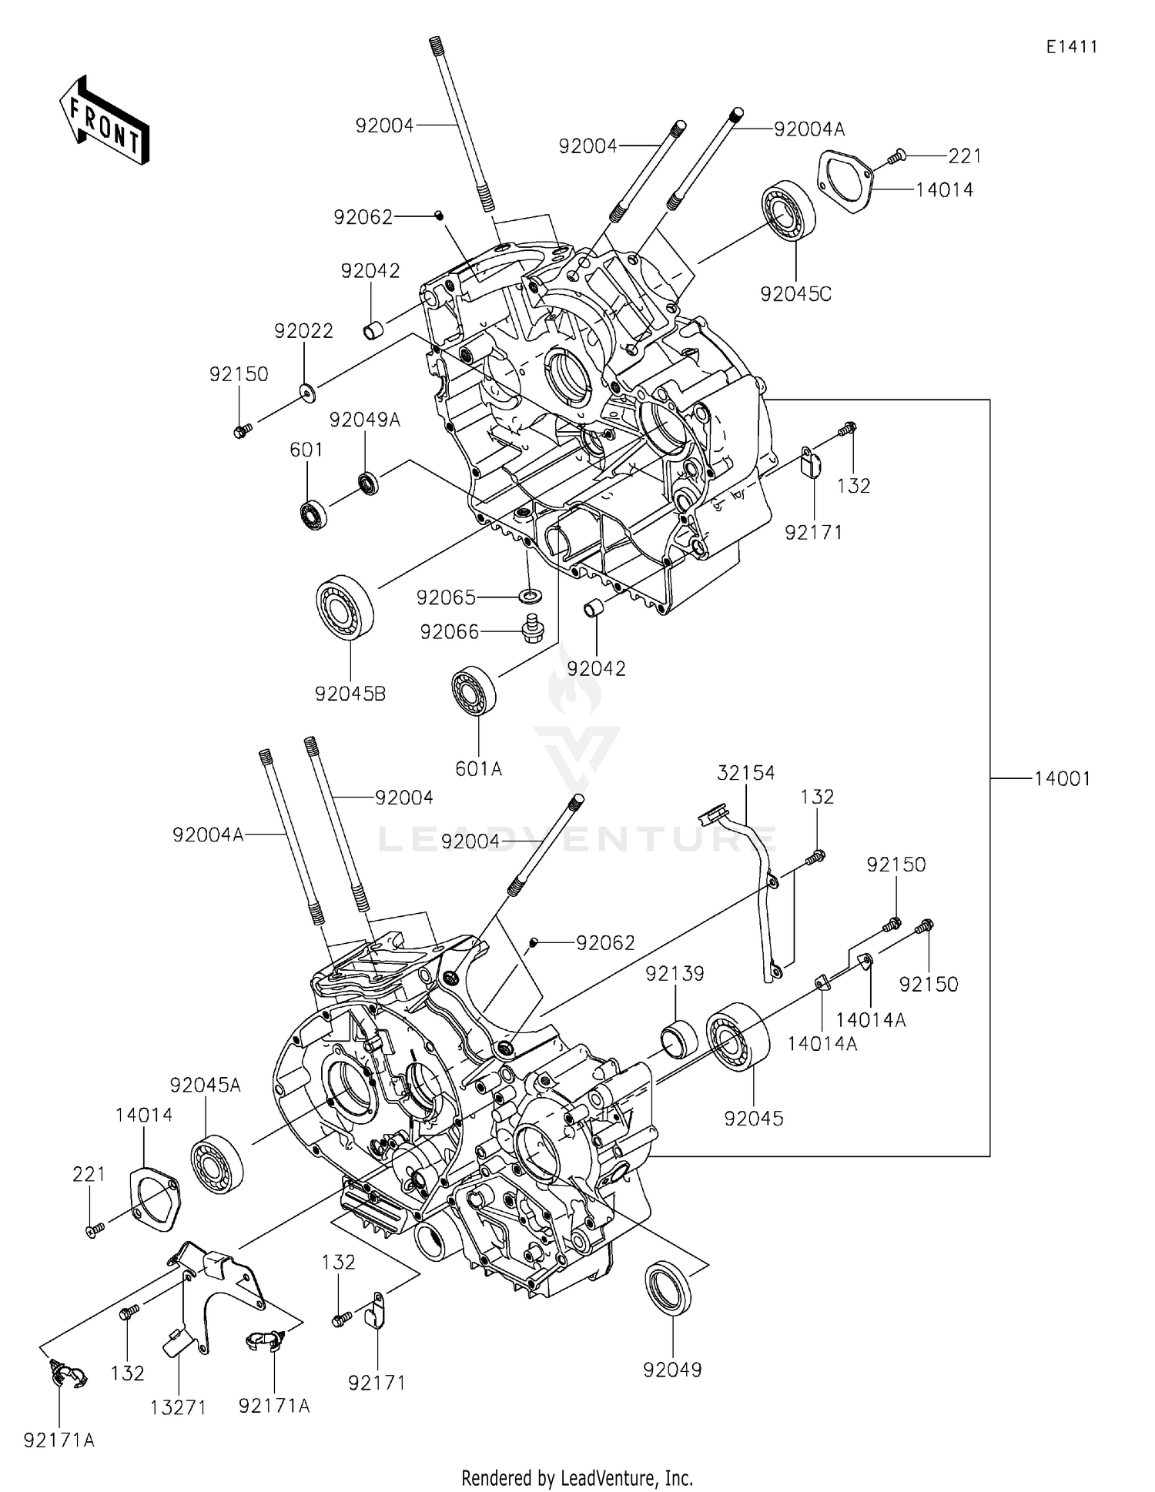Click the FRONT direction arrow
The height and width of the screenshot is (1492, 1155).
coord(104,122)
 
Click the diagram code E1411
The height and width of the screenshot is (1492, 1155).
coord(1071,47)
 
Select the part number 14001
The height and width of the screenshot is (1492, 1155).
coord(1062,779)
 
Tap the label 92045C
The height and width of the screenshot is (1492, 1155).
coord(795,294)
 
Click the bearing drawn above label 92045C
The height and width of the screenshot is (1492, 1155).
coord(788,211)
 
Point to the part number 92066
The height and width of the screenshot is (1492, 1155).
coord(449,632)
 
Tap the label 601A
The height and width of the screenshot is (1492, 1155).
coord(478,768)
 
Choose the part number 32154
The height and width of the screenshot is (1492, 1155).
coord(745,772)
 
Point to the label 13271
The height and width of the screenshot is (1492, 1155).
coord(178,1407)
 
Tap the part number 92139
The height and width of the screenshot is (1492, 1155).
coord(675,974)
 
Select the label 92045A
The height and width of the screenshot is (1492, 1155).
coord(205,1085)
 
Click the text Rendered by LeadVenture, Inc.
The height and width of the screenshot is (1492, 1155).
coord(577,1477)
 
